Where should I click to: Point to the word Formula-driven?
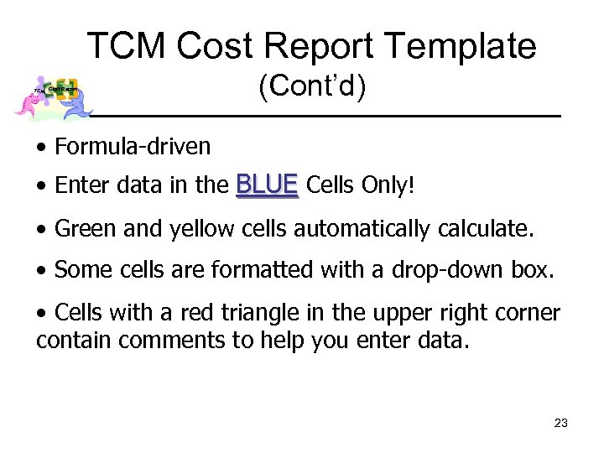point(133,147)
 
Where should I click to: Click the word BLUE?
point(268,184)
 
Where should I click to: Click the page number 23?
point(561,423)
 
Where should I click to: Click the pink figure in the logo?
point(29,102)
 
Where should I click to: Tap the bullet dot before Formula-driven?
point(41,148)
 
